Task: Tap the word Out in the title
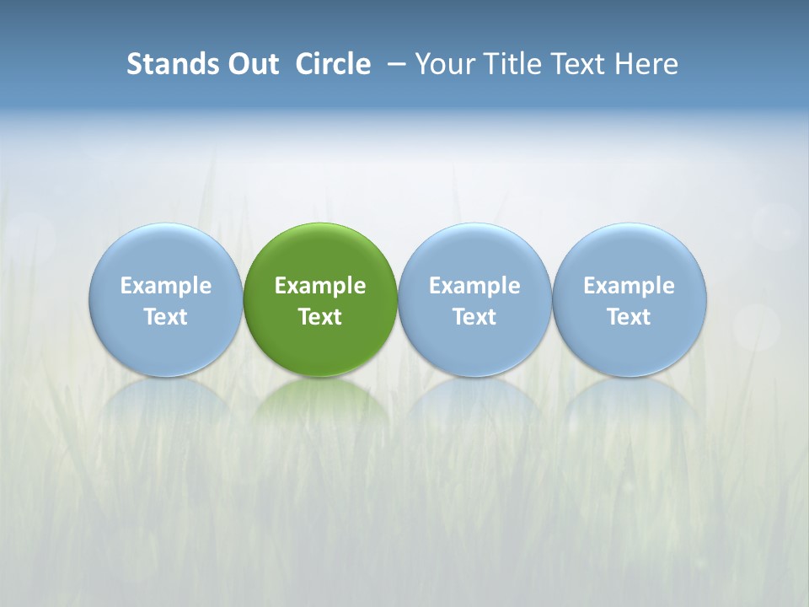(x=251, y=64)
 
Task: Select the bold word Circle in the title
(x=333, y=64)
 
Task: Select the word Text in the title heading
(x=582, y=64)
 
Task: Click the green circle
(x=320, y=253)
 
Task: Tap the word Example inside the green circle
(x=320, y=286)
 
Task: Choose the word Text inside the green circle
(x=320, y=317)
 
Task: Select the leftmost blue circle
(x=166, y=253)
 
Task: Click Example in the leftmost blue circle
(x=166, y=286)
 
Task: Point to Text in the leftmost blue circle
(x=166, y=317)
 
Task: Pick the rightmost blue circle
(x=630, y=253)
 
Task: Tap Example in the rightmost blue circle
(x=630, y=286)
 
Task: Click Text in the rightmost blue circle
(x=630, y=317)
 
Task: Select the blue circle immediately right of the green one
(x=474, y=253)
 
